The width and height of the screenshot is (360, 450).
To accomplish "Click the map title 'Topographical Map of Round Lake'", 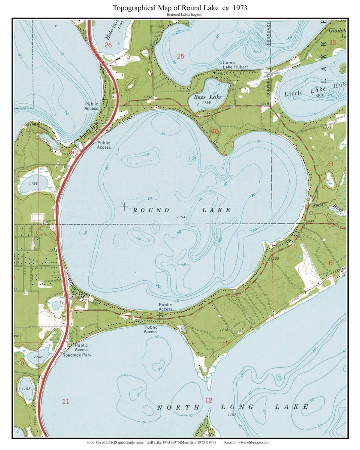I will click(180, 8).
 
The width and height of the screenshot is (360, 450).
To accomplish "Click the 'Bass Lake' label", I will click(207, 97).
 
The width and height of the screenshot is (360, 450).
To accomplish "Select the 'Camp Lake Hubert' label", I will click(235, 65).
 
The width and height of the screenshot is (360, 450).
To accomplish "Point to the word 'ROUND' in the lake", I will click(151, 210).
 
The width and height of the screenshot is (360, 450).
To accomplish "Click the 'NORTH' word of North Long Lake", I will click(178, 407).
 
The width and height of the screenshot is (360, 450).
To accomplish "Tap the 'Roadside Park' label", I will click(77, 355).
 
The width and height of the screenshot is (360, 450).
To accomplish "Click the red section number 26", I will click(108, 45).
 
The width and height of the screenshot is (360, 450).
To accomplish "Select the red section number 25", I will click(180, 56).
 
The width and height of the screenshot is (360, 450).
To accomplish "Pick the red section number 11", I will click(66, 401).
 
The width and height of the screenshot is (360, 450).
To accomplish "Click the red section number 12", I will click(208, 400).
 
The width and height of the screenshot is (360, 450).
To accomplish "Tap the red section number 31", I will click(330, 164).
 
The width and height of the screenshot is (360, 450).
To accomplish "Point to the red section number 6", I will click(330, 263).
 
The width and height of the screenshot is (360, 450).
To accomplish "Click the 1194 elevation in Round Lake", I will click(181, 217).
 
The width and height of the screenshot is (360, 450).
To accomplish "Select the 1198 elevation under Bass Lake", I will click(206, 103).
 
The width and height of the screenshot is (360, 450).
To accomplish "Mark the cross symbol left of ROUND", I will click(124, 207).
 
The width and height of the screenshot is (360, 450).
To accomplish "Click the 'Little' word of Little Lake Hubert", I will click(293, 94).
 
